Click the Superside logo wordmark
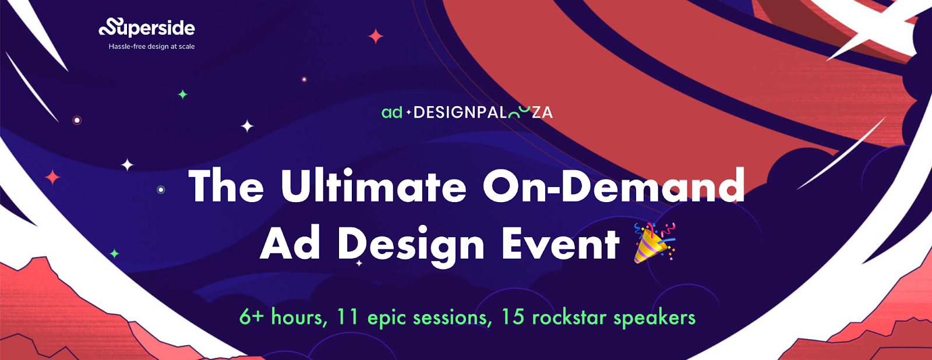click(x=146, y=27)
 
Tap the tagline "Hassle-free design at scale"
click(x=151, y=47)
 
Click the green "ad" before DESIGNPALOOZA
click(x=392, y=112)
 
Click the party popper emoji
click(x=654, y=243)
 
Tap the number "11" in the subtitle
click(x=348, y=317)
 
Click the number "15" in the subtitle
click(x=513, y=317)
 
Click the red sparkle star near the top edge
click(x=376, y=36)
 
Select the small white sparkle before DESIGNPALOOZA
click(x=408, y=112)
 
